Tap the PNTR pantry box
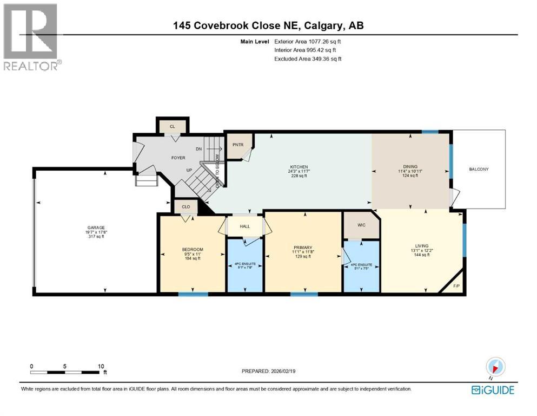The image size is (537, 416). click(236, 145)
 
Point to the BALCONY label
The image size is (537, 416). click(479, 170)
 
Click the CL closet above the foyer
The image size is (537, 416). click(173, 126)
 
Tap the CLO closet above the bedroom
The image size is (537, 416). click(185, 206)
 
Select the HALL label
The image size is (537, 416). click(244, 226)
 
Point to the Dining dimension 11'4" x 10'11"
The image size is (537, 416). click(410, 171)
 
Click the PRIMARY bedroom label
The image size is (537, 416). click(303, 247)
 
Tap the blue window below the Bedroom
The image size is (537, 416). click(193, 294)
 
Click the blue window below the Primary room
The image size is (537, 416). click(303, 294)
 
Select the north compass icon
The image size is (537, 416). click(495, 366)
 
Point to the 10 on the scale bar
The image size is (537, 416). click(101, 366)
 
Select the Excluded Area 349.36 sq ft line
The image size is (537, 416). click(307, 58)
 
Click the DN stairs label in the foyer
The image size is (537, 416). click(199, 148)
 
